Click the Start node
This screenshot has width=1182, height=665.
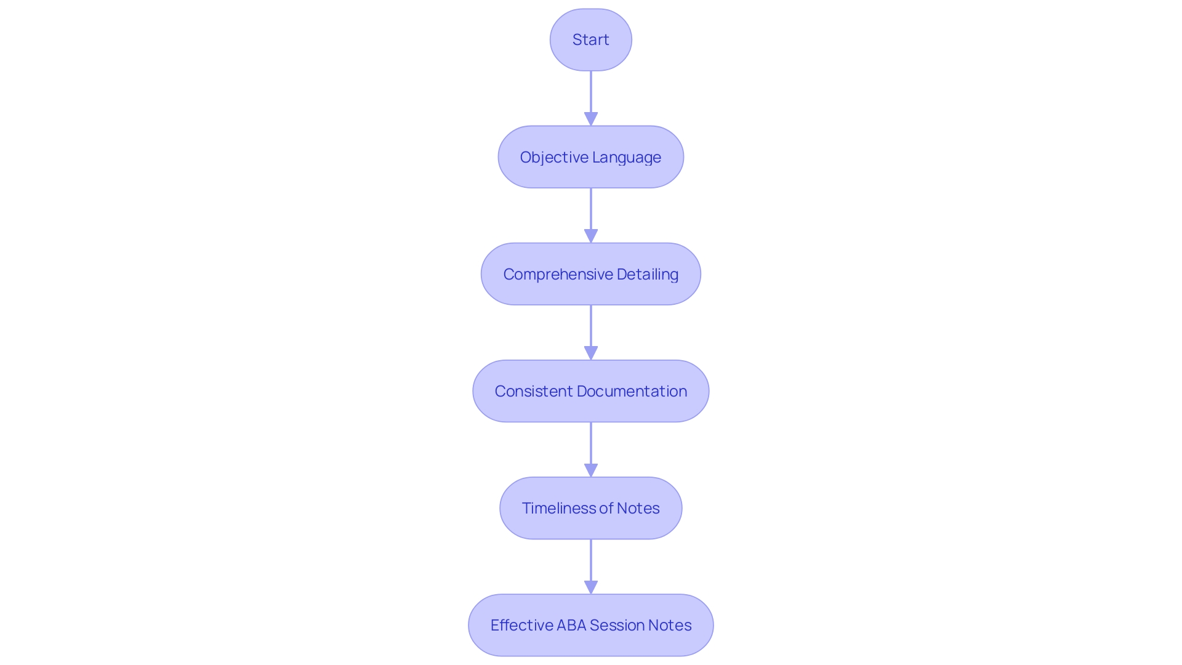pyautogui.click(x=590, y=39)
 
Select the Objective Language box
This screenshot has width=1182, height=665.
pyautogui.click(x=590, y=157)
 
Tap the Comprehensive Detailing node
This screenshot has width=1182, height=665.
pyautogui.click(x=590, y=274)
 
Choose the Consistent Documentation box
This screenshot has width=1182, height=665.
pyautogui.click(x=590, y=391)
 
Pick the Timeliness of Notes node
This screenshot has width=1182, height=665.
pyautogui.click(x=590, y=508)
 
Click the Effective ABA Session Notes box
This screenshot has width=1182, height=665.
pyautogui.click(x=590, y=625)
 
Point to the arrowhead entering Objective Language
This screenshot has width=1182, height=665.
pyautogui.click(x=591, y=119)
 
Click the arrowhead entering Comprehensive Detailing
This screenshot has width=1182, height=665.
pyautogui.click(x=591, y=236)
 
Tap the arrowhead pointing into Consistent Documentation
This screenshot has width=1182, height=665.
pyautogui.click(x=591, y=353)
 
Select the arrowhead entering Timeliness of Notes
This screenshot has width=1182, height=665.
pyautogui.click(x=591, y=470)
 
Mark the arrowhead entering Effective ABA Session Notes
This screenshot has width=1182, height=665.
pyautogui.click(x=591, y=587)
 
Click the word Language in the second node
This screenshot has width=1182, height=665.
pyautogui.click(x=627, y=158)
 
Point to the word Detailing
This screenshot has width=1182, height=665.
pyautogui.click(x=647, y=275)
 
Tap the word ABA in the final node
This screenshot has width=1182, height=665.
pyautogui.click(x=571, y=625)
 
